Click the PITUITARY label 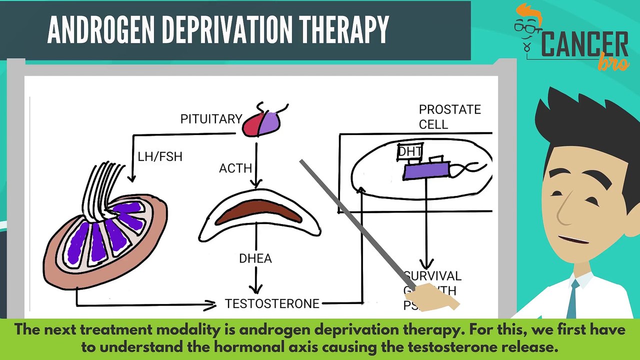point(211,119)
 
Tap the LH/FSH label point(160,156)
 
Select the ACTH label point(235,168)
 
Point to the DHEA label point(255,258)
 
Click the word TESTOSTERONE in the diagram point(272,303)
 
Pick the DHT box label point(410,151)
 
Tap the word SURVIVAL point(433,276)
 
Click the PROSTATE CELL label point(449,116)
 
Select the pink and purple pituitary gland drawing point(261,124)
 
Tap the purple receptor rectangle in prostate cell point(425,171)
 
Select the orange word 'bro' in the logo point(613,61)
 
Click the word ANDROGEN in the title point(101,30)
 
